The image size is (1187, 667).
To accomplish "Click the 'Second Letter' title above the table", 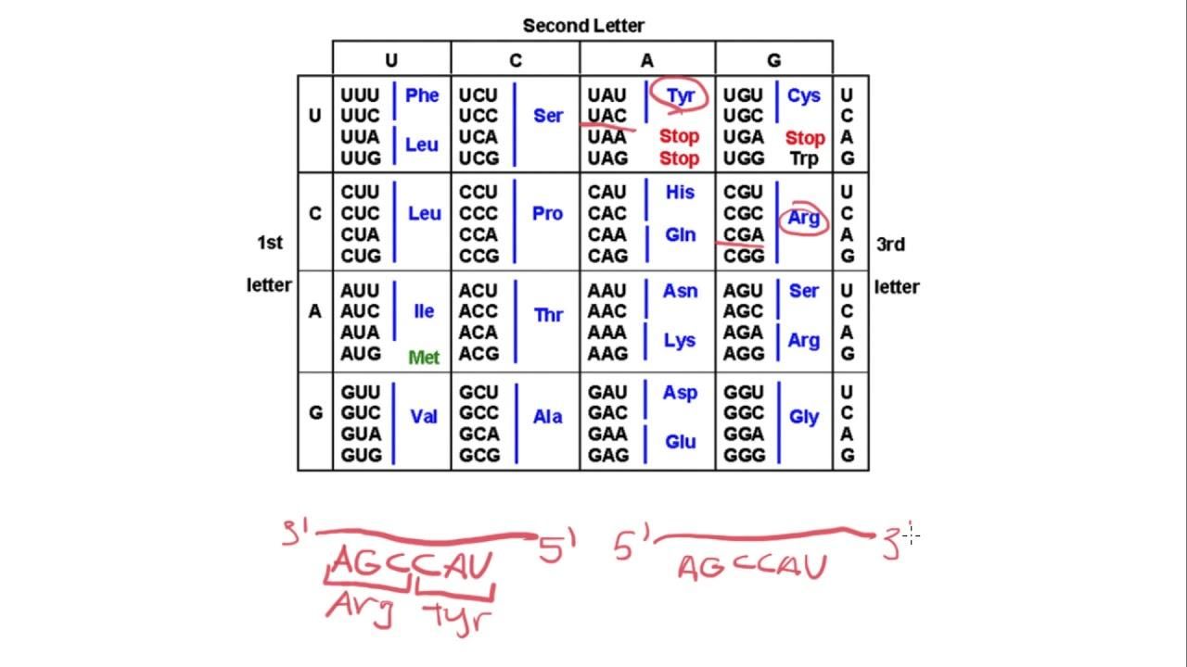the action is click(x=583, y=25).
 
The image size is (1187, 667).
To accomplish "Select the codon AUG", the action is click(x=361, y=354).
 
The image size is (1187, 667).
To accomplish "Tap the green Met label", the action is click(x=424, y=358).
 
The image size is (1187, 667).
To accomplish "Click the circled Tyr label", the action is click(x=681, y=95).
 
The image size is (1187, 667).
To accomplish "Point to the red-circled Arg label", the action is click(x=804, y=218).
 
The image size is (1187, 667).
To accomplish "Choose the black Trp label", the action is click(x=804, y=158).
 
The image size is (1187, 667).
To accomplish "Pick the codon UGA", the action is click(x=744, y=137).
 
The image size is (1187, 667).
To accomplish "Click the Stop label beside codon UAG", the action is click(x=680, y=158).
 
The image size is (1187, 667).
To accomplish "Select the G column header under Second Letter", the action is click(x=773, y=60).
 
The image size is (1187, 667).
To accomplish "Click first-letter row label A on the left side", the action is click(x=314, y=311).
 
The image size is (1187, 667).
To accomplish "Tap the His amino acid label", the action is click(x=680, y=192).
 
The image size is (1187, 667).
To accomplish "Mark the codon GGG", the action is click(x=745, y=455).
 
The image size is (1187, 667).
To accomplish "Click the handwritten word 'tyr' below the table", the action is click(x=457, y=616).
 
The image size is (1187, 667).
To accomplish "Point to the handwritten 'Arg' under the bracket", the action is click(x=360, y=609).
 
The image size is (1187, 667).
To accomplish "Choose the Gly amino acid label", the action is click(x=804, y=418).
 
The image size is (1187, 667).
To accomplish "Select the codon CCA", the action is click(x=478, y=234).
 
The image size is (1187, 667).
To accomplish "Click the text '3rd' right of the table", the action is click(x=891, y=245).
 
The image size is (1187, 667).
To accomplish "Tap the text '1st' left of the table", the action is click(x=270, y=243).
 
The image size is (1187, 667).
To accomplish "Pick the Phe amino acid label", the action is click(x=422, y=95).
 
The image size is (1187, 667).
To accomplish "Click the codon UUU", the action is click(x=360, y=95).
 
